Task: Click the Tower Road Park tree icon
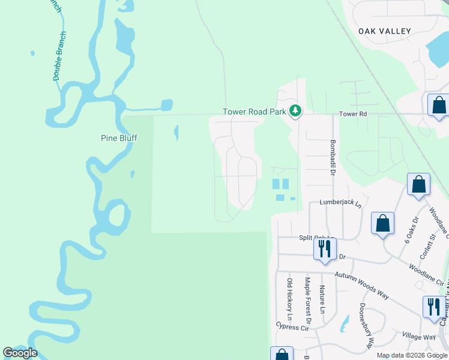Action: coord(295,111)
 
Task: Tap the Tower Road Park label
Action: coord(255,112)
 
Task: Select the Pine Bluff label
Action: coord(119,138)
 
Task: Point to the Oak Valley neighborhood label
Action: coord(385,31)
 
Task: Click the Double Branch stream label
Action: coord(59,56)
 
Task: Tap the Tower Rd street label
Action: coord(352,114)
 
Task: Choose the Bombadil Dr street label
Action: coord(332,158)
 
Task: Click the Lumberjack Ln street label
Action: coord(340,203)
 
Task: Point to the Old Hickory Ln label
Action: coord(289,299)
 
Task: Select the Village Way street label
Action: coord(419,337)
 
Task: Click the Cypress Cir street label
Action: coord(292,327)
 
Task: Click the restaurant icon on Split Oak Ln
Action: coord(325,248)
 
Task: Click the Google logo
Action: coord(20,352)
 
